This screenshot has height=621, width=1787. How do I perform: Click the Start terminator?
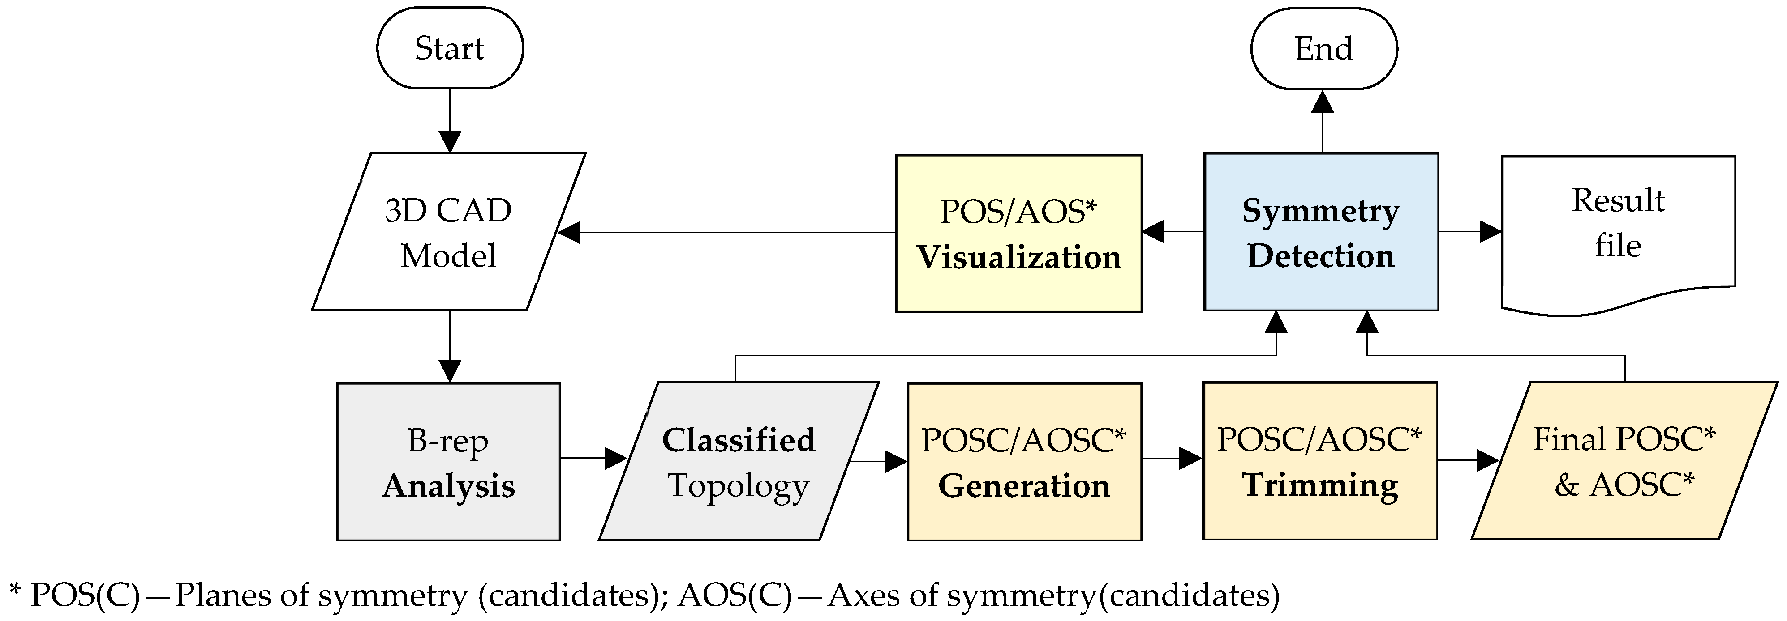(x=450, y=48)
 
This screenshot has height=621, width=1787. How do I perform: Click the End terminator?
(x=1323, y=48)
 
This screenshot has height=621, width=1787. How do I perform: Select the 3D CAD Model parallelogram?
(x=448, y=232)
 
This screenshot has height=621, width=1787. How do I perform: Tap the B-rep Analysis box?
(x=448, y=462)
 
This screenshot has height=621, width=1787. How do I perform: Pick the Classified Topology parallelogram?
(x=738, y=462)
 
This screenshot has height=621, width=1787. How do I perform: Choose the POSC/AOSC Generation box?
(x=1024, y=462)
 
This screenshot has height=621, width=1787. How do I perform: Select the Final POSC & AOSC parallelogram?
(x=1623, y=462)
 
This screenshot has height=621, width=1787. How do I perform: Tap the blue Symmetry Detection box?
(x=1320, y=232)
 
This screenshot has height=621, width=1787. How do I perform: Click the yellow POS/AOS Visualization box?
(x=1018, y=234)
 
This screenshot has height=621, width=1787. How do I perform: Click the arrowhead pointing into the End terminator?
(x=1322, y=102)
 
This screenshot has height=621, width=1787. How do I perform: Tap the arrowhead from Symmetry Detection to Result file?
(x=1490, y=231)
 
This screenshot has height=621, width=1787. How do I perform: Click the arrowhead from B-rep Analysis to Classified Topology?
(x=615, y=458)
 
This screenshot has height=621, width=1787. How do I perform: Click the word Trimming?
(x=1319, y=485)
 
